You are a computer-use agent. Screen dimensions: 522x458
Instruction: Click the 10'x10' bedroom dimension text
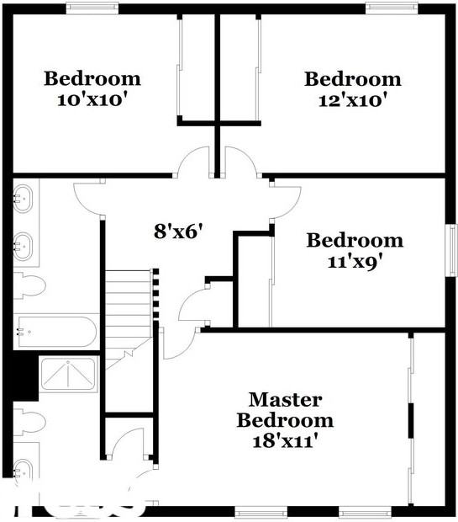pos(92,99)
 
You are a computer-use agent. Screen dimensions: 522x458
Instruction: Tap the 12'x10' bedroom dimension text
pos(353,99)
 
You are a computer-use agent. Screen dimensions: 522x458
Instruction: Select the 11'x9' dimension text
pos(355,261)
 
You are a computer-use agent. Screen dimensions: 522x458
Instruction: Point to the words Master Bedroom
pos(285,409)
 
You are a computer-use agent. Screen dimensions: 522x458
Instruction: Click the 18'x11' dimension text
pos(285,439)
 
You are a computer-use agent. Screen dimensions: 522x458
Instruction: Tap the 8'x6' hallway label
pos(178,230)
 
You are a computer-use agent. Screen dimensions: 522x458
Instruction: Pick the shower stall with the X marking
pos(70,374)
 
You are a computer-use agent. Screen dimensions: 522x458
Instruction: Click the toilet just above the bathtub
pos(29,284)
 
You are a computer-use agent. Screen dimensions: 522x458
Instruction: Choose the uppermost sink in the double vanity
pos(23,199)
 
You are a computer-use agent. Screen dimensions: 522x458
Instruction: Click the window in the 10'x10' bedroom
pos(92,8)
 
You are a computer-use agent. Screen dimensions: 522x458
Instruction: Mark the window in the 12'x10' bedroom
pos(390,8)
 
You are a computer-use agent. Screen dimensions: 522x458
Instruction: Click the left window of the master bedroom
pos(261,510)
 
